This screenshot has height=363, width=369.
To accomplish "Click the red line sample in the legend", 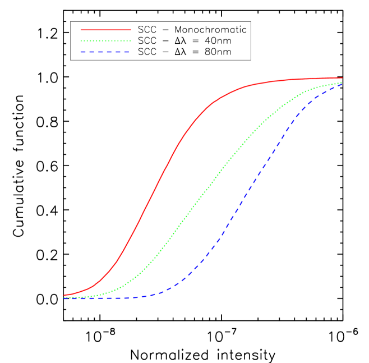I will coord(105,29).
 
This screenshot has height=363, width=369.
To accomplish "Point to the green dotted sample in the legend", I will coord(105,41).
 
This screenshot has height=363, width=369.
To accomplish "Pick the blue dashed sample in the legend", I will coord(105,52).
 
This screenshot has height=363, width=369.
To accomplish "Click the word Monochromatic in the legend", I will coord(210,29).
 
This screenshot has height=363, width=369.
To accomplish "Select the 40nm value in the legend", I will coord(219,41).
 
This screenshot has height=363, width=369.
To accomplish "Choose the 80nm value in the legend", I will coord(219,52).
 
